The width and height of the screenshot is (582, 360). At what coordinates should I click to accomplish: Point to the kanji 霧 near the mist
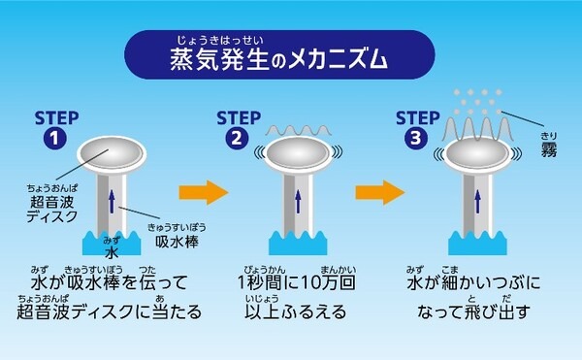point(550,148)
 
